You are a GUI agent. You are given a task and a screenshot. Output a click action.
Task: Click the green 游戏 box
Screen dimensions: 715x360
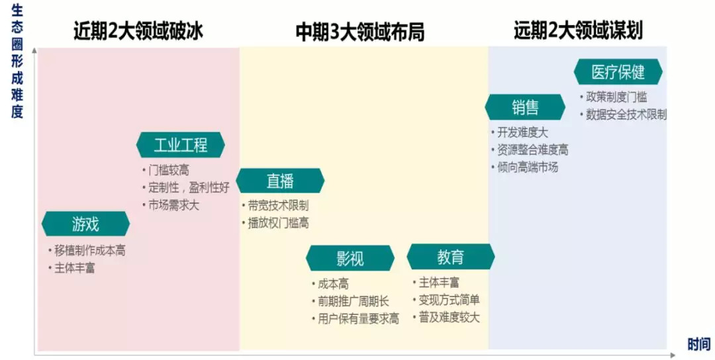[x=85, y=224]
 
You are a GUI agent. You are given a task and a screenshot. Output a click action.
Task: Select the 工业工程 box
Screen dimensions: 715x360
[x=180, y=145]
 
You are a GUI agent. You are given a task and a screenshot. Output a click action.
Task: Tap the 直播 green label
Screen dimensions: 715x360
[x=280, y=181]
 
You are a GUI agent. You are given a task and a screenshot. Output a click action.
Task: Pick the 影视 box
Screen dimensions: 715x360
[x=350, y=258]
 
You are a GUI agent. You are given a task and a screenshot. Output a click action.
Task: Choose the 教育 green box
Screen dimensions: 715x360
[x=450, y=257]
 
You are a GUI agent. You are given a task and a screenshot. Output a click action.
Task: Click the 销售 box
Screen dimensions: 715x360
[x=525, y=107]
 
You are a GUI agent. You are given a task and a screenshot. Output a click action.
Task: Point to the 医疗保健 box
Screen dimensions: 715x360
[x=618, y=71]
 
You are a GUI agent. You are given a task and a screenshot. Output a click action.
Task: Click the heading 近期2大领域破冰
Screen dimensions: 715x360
[x=138, y=32]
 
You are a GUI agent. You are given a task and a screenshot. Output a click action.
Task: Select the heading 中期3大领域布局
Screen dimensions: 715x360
[x=359, y=32]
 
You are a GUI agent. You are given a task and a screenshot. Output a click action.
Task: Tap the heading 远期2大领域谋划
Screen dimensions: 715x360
[x=578, y=30]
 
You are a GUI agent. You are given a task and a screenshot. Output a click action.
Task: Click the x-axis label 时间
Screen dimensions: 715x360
[x=698, y=344]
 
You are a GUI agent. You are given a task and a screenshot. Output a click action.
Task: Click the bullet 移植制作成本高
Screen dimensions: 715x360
[x=89, y=251]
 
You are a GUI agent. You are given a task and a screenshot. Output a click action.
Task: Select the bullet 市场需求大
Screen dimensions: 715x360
[x=173, y=204]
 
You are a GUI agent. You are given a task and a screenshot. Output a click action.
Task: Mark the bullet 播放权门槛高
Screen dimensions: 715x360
[x=278, y=223]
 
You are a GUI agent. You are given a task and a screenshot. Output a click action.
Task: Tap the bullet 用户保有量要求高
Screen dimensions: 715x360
[x=358, y=319]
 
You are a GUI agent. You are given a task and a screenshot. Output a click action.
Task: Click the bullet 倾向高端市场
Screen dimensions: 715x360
[x=528, y=167]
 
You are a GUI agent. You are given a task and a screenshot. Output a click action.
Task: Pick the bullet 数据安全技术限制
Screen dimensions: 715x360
[x=626, y=114]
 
